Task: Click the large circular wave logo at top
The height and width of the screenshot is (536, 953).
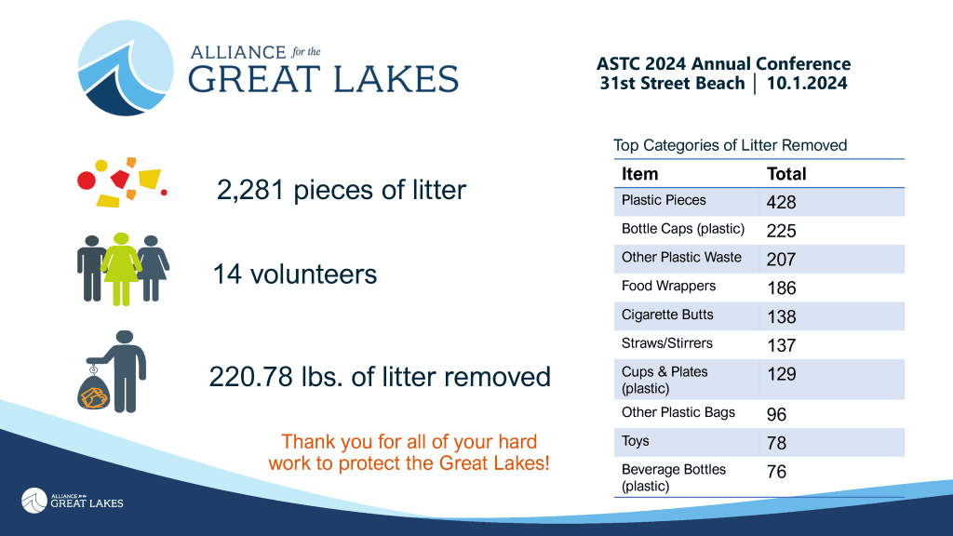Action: [127, 68]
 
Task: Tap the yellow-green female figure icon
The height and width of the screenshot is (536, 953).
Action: [120, 267]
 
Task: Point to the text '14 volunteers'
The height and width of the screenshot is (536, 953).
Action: [294, 275]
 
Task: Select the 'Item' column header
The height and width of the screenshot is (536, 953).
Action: [639, 174]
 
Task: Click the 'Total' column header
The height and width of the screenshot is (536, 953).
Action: [786, 174]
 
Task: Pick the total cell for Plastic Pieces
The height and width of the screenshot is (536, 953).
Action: [781, 202]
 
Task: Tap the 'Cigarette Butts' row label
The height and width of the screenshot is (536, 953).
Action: [667, 315]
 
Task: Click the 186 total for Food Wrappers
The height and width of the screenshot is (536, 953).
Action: [781, 288]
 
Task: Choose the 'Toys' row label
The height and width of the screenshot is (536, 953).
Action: [636, 441]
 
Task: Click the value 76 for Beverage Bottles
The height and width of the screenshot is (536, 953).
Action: [776, 472]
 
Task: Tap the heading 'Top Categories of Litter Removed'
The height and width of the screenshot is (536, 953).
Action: [730, 145]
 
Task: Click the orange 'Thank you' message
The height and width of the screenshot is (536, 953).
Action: [409, 451]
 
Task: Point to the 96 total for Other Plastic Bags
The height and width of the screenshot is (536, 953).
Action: [776, 414]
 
